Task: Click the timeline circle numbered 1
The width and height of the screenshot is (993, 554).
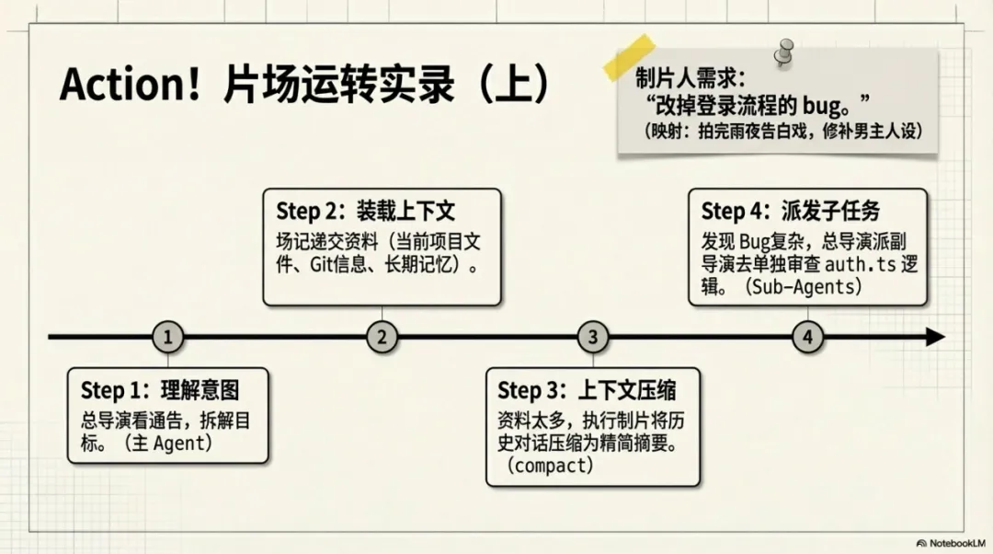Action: coord(167,338)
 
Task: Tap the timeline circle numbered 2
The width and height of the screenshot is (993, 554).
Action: coord(382,338)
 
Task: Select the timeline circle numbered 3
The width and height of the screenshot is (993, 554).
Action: coord(593,338)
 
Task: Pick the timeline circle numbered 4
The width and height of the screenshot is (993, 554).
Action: coord(807,338)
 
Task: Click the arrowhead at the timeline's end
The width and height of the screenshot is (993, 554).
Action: coord(935,338)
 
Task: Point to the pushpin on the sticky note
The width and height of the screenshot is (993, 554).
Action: coord(783,51)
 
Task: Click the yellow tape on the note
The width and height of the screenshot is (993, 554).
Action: coord(629,57)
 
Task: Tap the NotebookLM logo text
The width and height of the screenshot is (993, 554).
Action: coord(954,543)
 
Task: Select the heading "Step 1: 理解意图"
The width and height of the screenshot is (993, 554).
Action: coord(160,390)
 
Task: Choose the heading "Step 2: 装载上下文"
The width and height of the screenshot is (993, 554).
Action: coord(366,211)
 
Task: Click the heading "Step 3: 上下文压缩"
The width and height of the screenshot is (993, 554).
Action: coord(588,390)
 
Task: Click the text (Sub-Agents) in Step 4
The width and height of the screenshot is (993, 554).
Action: coord(805,287)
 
